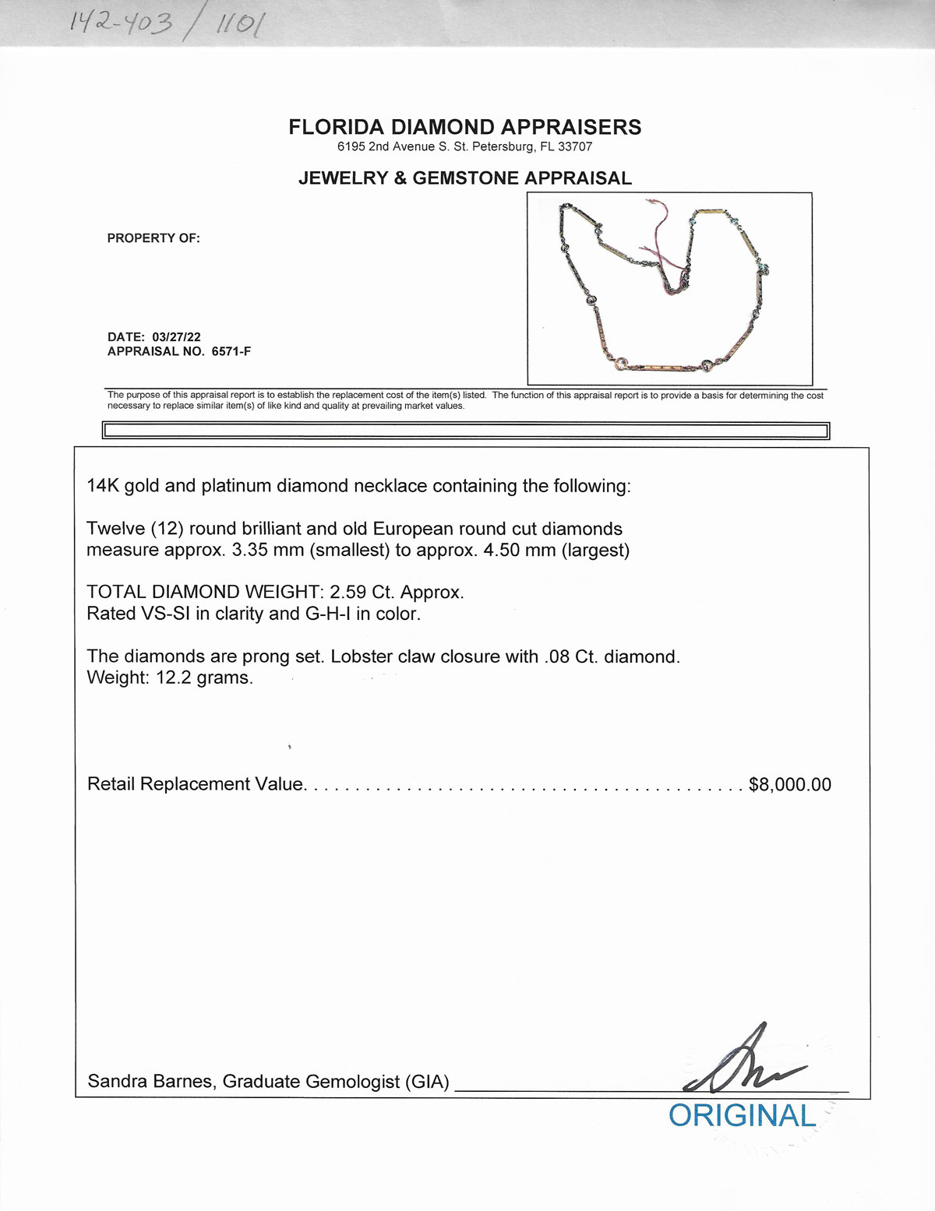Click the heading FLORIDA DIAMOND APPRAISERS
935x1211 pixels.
point(465,128)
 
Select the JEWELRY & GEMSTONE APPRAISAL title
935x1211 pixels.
point(465,178)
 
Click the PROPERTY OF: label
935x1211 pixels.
point(153,238)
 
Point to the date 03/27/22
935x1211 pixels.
point(177,337)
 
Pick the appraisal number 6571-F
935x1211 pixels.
point(231,351)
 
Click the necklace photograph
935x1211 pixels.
point(669,289)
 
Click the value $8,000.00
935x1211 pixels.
point(789,784)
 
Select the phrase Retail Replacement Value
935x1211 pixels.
point(195,784)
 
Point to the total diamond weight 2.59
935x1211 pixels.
point(348,592)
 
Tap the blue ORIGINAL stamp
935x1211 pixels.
point(742,1115)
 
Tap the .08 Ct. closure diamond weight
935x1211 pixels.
point(570,657)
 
